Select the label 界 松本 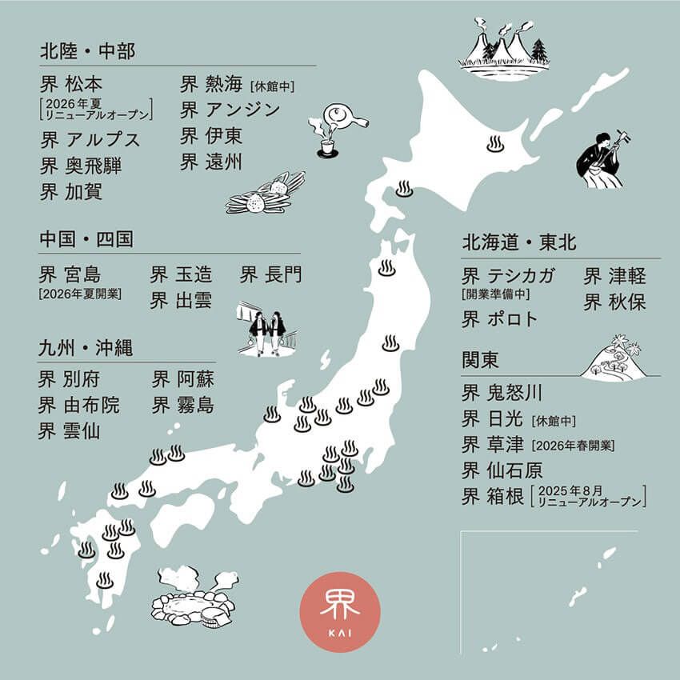(71, 84)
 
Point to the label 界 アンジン (230, 110)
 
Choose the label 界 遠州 (211, 162)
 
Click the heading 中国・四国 (86, 239)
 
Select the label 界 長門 (271, 275)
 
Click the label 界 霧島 (183, 405)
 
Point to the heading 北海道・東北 (518, 242)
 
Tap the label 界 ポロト (500, 319)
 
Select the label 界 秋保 (614, 302)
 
